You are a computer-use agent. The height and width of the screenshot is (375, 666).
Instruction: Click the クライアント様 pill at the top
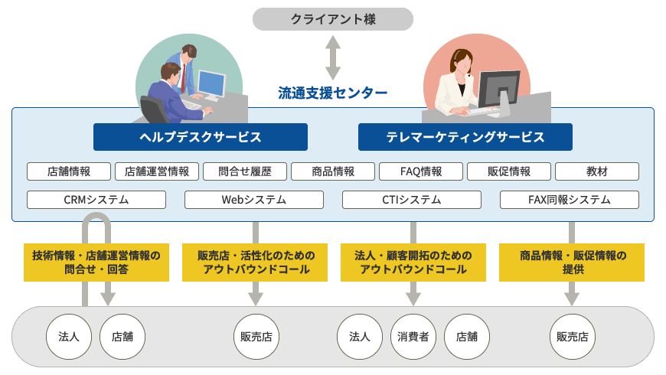pyautogui.click(x=332, y=19)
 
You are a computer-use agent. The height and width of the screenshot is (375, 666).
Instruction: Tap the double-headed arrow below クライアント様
pyautogui.click(x=332, y=57)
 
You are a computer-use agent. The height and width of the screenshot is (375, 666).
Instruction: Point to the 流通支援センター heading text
pyautogui.click(x=332, y=93)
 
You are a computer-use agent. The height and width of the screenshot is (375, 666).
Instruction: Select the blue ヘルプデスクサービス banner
pyautogui.click(x=201, y=137)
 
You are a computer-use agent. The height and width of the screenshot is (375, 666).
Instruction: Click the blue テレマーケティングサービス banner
pyautogui.click(x=465, y=137)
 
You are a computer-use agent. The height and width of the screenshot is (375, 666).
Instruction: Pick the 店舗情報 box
pyautogui.click(x=69, y=171)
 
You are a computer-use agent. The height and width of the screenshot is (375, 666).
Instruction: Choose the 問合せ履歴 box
pyautogui.click(x=245, y=171)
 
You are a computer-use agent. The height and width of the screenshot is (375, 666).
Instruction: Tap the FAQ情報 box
pyautogui.click(x=421, y=171)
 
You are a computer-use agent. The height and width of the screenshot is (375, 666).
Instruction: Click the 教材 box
pyautogui.click(x=597, y=171)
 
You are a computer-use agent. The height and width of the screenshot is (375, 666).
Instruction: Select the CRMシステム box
pyautogui.click(x=96, y=200)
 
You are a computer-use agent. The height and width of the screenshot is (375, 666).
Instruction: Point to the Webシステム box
pyautogui.click(x=254, y=200)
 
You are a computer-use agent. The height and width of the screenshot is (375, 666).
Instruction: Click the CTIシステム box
pyautogui.click(x=412, y=200)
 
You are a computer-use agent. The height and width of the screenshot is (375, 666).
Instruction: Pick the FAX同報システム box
pyautogui.click(x=570, y=200)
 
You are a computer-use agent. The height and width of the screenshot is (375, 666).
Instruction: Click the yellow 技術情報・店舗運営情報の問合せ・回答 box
pyautogui.click(x=96, y=262)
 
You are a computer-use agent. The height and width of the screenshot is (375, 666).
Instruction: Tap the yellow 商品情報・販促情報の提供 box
pyautogui.click(x=572, y=262)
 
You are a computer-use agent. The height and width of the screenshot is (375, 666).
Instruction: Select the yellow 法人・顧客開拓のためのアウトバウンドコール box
pyautogui.click(x=413, y=262)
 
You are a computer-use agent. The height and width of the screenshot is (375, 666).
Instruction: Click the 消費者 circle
pyautogui.click(x=413, y=337)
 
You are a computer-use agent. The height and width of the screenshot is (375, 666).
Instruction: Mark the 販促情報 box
pyautogui.click(x=509, y=171)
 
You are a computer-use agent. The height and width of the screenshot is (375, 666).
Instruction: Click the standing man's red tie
pyautogui.click(x=183, y=78)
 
